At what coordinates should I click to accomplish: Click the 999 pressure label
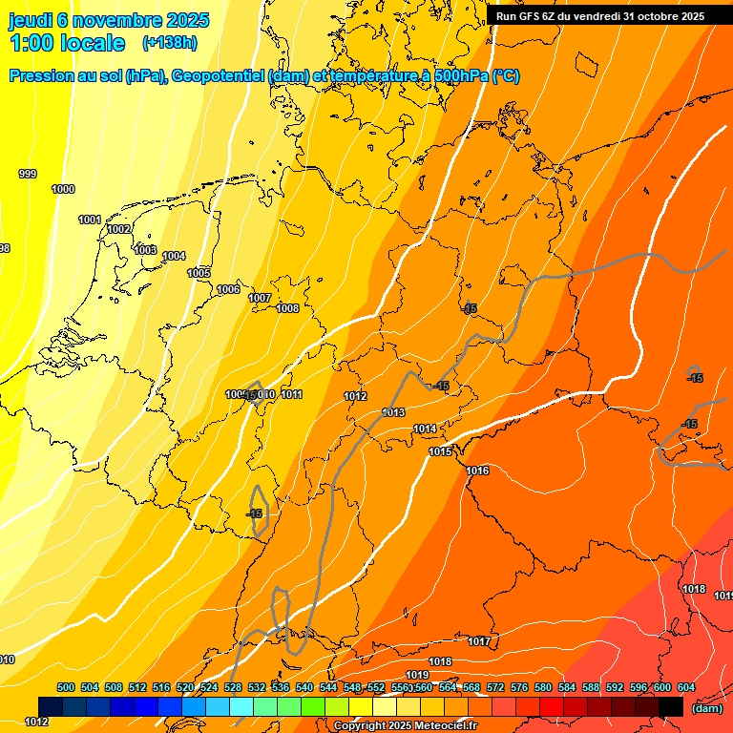tap(28, 174)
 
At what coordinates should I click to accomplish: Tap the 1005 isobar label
tap(199, 274)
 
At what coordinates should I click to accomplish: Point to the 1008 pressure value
tap(287, 308)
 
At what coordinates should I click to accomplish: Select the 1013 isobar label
tap(393, 412)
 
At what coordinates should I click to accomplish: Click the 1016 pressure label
tap(477, 471)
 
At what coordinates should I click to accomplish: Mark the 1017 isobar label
tap(479, 641)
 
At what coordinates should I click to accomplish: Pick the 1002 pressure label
tap(118, 229)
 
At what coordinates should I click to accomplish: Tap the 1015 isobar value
tap(440, 451)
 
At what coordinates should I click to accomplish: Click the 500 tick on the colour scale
tap(66, 687)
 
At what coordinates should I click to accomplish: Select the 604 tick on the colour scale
tap(686, 687)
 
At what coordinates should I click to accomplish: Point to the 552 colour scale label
tap(376, 687)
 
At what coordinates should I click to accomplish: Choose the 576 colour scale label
tap(519, 687)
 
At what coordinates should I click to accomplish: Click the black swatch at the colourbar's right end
tap(670, 706)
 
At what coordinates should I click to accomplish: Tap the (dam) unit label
tap(706, 707)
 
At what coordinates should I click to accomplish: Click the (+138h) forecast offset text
tap(170, 42)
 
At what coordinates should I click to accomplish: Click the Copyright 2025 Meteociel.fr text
tap(405, 726)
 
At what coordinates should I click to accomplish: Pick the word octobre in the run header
tap(650, 15)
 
